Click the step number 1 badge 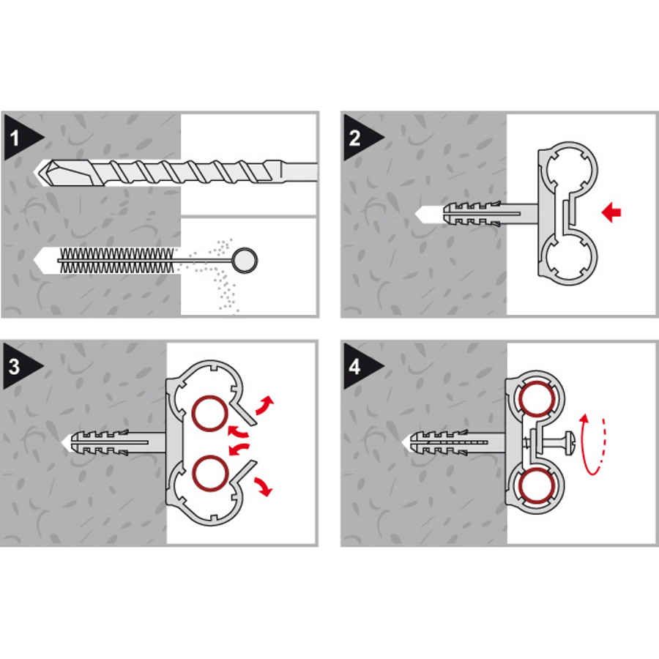[x=21, y=137]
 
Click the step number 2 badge [x=360, y=137]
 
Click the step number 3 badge [x=21, y=366]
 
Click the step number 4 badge [x=360, y=366]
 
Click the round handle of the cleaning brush [x=245, y=260]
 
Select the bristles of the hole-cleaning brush [x=116, y=260]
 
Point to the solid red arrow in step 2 [x=611, y=212]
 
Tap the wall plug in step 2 [x=490, y=214]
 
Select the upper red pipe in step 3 [x=210, y=414]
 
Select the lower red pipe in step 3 [x=210, y=473]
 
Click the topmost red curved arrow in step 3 [x=264, y=405]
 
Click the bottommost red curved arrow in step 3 [x=264, y=486]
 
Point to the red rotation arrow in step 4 [x=593, y=444]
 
